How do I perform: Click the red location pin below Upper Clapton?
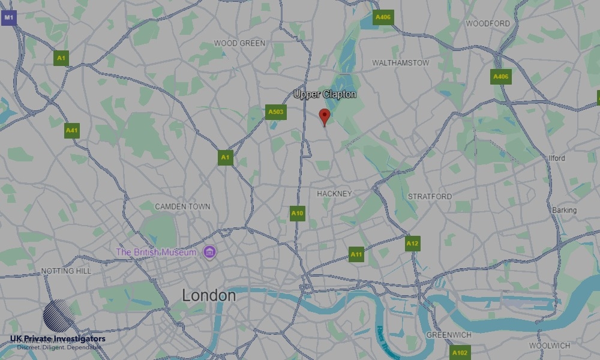(x=325, y=116)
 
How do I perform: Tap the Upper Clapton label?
(x=325, y=94)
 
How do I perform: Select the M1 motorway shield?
(x=8, y=18)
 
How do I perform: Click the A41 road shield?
(x=72, y=130)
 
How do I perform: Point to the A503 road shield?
(x=276, y=112)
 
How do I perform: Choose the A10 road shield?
(x=298, y=213)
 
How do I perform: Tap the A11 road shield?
(x=356, y=254)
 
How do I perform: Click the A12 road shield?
(x=412, y=244)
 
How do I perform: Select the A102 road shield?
(x=460, y=353)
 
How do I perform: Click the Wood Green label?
(x=239, y=43)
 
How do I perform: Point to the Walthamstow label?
(x=401, y=62)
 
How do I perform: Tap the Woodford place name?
(x=488, y=23)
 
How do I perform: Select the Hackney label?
(x=334, y=193)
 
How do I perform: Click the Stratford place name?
(x=430, y=196)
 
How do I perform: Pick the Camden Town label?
(x=182, y=206)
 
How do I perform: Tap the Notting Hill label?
(x=66, y=271)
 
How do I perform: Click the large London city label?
(x=209, y=295)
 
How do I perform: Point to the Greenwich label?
(x=449, y=334)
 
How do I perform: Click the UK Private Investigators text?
(x=58, y=339)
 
